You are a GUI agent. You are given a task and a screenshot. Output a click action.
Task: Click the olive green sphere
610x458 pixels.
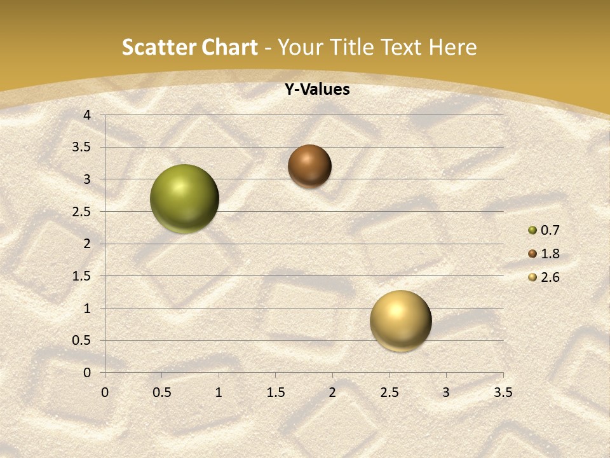click(184, 198)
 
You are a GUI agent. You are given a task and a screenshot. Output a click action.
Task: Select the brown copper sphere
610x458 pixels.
click(309, 166)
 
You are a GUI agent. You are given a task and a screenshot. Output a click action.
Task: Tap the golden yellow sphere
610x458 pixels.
click(400, 321)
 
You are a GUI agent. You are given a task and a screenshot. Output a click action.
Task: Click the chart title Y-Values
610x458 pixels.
click(316, 90)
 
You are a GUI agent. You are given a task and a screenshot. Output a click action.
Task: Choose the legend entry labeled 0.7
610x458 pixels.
click(544, 230)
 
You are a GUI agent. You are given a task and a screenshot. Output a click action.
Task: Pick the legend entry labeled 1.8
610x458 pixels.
click(544, 254)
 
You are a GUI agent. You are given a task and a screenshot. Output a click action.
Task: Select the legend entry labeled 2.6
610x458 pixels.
click(544, 277)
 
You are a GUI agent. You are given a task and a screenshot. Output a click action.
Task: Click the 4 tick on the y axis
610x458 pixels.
click(87, 115)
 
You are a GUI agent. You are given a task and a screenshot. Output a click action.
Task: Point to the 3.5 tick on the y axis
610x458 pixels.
click(82, 148)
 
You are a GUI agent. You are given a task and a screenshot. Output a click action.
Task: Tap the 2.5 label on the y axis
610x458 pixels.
click(82, 212)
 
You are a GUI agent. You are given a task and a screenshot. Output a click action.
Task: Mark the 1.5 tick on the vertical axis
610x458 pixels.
click(82, 276)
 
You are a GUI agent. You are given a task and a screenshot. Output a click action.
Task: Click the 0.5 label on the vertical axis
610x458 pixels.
click(82, 341)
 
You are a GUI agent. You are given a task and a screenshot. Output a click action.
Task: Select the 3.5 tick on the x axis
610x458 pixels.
click(503, 392)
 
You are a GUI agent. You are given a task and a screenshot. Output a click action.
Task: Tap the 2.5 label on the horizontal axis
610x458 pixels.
click(389, 392)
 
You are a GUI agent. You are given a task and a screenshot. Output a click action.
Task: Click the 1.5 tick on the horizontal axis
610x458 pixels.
click(275, 392)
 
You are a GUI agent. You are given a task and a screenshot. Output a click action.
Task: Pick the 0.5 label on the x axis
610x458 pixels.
click(161, 392)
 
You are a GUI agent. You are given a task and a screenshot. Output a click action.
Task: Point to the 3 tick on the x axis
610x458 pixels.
click(446, 392)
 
